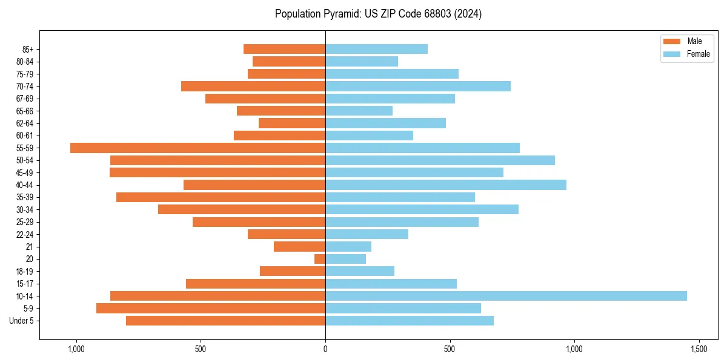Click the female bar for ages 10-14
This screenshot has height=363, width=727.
point(506,296)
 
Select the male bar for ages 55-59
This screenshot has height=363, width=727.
point(198,148)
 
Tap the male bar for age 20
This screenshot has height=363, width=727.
point(320,259)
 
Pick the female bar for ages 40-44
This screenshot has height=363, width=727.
point(446,185)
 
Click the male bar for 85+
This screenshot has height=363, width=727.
point(284,49)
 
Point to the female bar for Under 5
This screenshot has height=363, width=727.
point(410,321)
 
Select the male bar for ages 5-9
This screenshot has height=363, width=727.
point(211,308)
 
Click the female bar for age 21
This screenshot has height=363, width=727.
point(348,246)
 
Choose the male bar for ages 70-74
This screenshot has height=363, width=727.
point(253,86)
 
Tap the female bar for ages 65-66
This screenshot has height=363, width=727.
point(359,111)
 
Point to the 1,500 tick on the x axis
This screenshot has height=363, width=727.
point(699,349)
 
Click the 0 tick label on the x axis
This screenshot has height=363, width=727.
point(325,349)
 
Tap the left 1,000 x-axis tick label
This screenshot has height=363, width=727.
point(76,349)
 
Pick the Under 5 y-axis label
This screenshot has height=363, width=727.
point(22,321)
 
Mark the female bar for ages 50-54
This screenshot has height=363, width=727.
point(440,160)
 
